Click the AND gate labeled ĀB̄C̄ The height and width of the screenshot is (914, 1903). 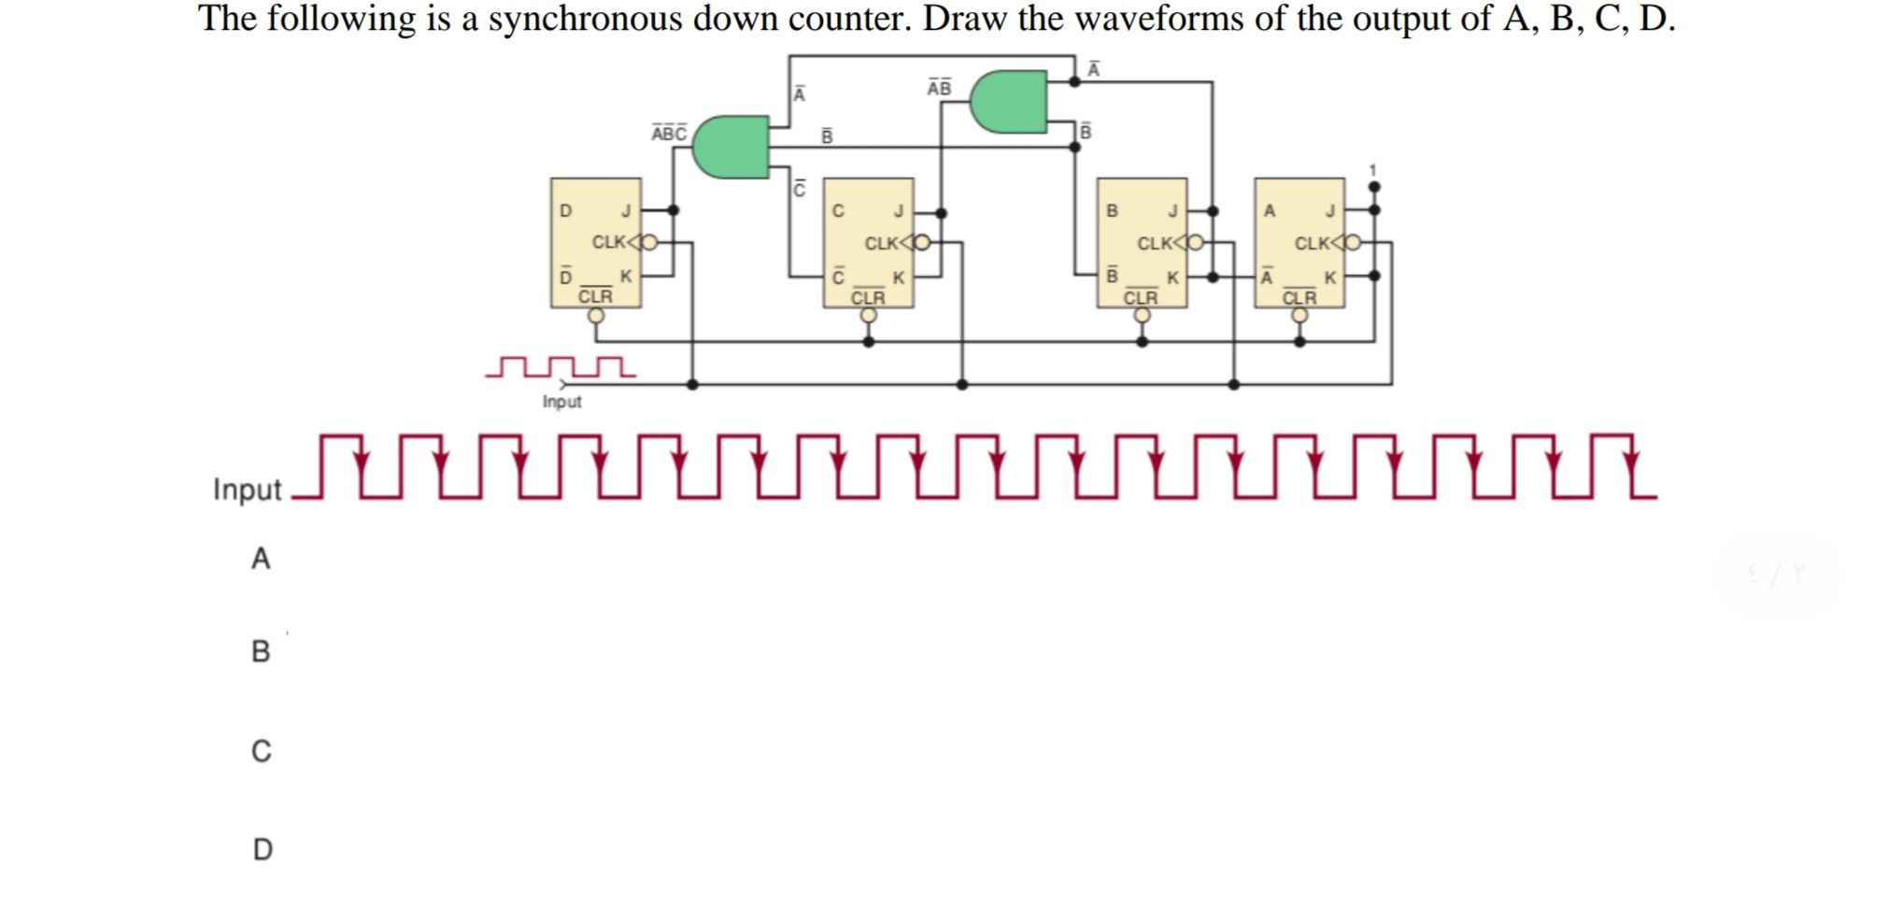tap(730, 147)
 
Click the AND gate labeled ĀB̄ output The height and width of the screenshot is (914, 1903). tap(1008, 101)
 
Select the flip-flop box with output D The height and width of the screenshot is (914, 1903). tap(596, 242)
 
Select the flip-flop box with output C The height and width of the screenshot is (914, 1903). tap(868, 242)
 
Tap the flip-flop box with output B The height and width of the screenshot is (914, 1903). tap(1141, 242)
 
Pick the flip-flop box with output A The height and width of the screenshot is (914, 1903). tap(1299, 242)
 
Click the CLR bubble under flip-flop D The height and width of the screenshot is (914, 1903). tap(596, 316)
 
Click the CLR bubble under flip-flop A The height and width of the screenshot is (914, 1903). tap(1299, 316)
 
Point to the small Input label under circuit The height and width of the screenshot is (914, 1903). tap(561, 402)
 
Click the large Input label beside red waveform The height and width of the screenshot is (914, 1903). tap(247, 490)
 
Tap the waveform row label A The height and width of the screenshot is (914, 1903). tap(261, 559)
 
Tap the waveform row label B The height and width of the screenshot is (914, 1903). tap(261, 651)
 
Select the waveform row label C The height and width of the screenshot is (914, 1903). tap(262, 751)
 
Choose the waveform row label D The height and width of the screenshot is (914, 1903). tap(263, 850)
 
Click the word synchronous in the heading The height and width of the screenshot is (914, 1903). tap(585, 19)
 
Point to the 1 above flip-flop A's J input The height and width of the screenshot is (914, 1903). tap(1372, 170)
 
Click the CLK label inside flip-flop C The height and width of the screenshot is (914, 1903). tap(882, 244)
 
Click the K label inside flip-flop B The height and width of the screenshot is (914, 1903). tap(1172, 278)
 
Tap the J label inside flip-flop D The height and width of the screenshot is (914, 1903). tap(626, 210)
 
